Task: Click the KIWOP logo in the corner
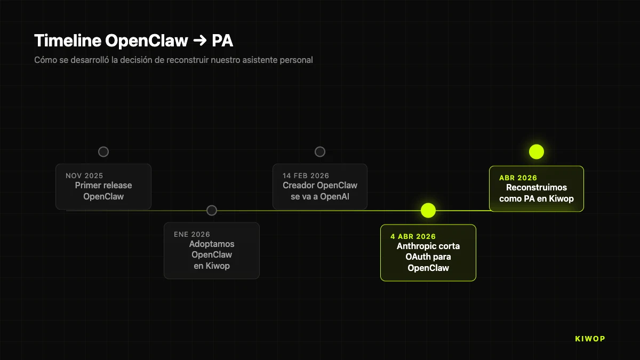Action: click(x=590, y=339)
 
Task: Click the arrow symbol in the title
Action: click(x=199, y=41)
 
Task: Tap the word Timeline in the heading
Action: click(x=68, y=41)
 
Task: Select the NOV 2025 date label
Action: click(x=84, y=175)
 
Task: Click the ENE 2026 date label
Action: click(x=192, y=234)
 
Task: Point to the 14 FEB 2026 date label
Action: click(x=306, y=175)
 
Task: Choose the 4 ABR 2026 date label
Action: click(x=413, y=236)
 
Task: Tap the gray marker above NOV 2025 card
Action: click(x=103, y=152)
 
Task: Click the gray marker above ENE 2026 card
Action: click(x=212, y=210)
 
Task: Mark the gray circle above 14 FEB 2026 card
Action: click(x=320, y=152)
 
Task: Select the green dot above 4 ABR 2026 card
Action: click(x=428, y=210)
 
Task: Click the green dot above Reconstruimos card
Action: click(x=536, y=151)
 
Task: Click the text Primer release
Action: click(x=103, y=185)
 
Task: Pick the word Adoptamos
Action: click(x=212, y=244)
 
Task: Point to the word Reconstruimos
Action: click(x=536, y=187)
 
